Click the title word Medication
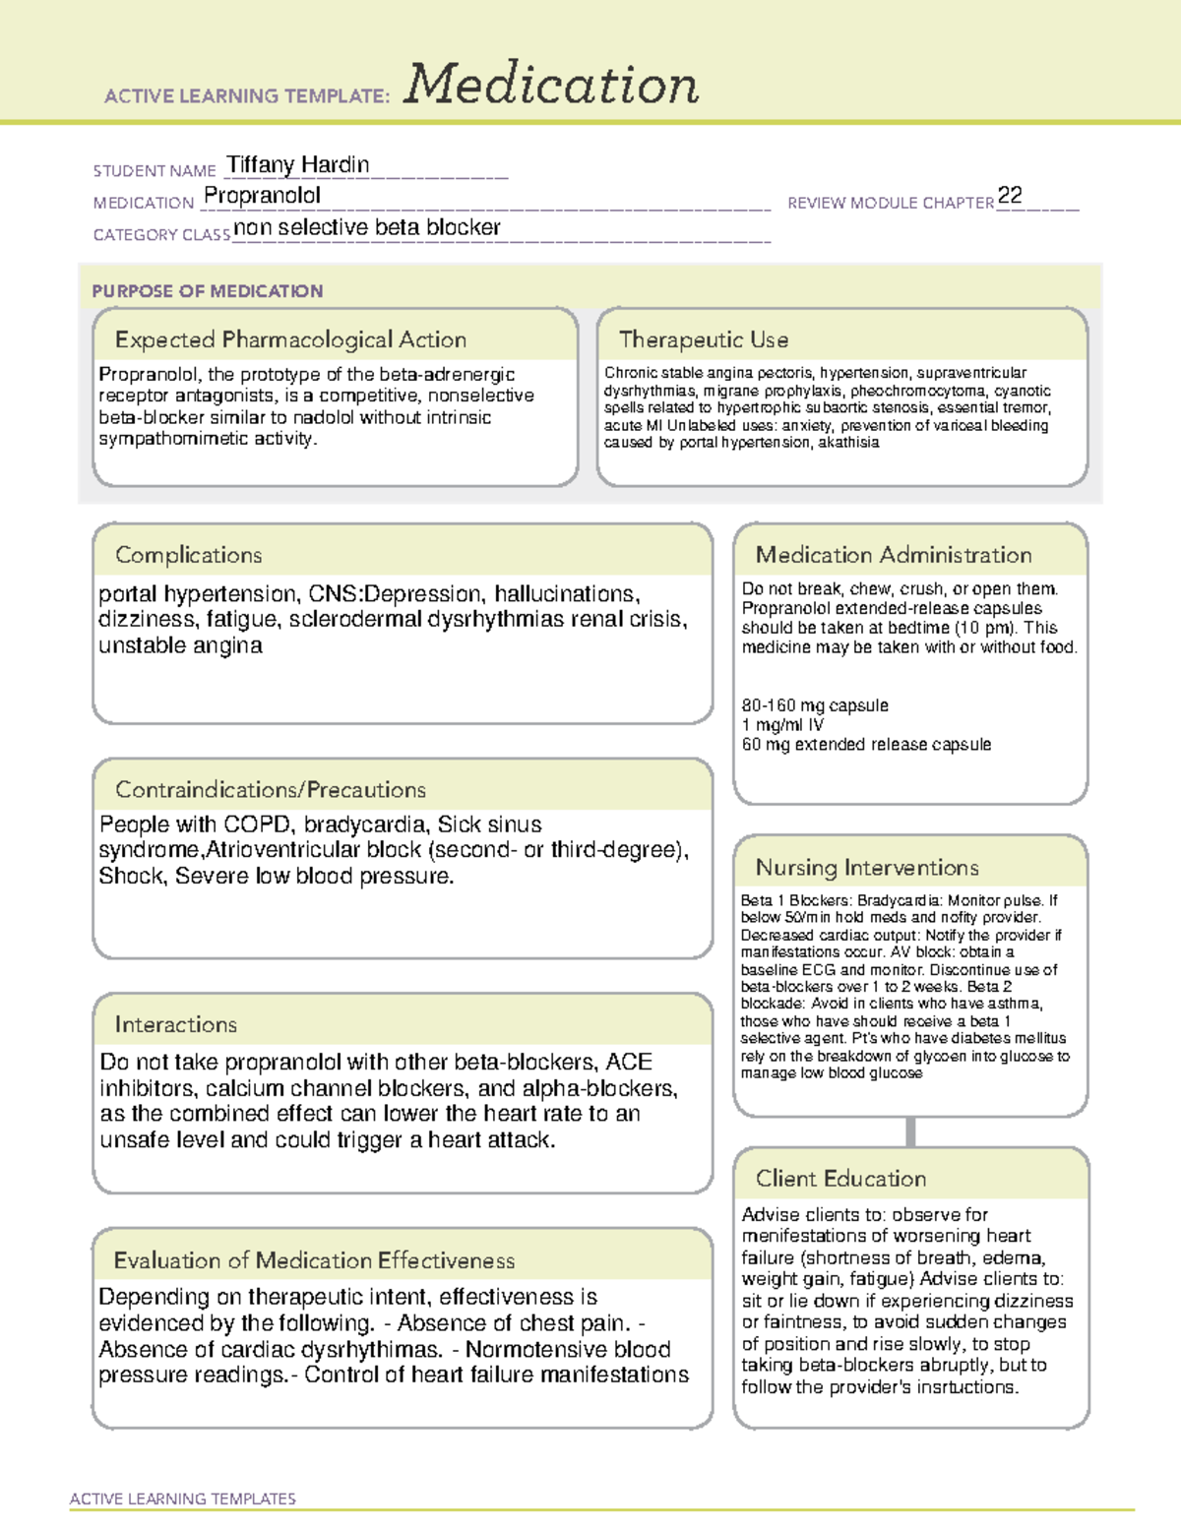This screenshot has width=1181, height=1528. (551, 85)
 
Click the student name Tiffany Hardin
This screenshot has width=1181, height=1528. (298, 165)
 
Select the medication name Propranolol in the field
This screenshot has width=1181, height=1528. (262, 196)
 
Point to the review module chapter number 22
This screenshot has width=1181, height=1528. (1010, 196)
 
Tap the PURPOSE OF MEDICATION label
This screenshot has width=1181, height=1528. (207, 291)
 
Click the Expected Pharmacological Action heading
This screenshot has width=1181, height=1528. (290, 340)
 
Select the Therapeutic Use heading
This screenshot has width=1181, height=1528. (704, 340)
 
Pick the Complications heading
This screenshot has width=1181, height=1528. (188, 556)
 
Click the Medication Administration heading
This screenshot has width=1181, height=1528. (894, 556)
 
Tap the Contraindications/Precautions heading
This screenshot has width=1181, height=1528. (271, 790)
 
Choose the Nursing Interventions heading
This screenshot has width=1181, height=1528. (867, 868)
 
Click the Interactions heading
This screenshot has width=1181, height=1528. (175, 1025)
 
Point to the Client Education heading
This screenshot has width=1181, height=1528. (840, 1179)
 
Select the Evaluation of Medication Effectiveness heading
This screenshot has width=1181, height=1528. (314, 1261)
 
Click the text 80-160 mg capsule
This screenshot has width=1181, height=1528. (815, 705)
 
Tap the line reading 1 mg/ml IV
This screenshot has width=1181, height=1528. (782, 725)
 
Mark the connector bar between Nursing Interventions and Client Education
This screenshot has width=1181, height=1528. (910, 1132)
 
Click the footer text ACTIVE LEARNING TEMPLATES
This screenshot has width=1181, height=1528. (183, 1498)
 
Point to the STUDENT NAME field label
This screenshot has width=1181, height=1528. (155, 171)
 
